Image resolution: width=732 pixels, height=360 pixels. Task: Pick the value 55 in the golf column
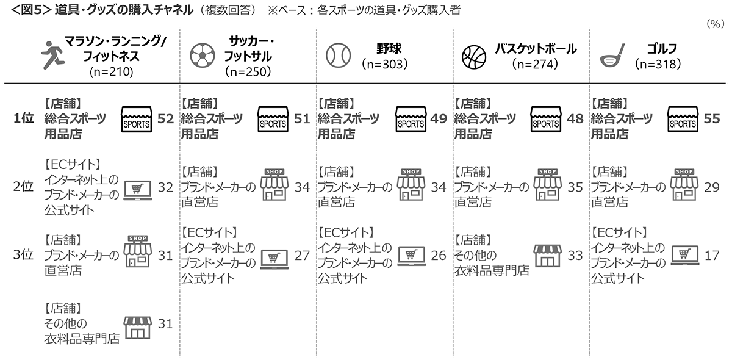click(x=712, y=120)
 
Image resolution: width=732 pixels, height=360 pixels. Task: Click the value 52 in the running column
click(x=165, y=120)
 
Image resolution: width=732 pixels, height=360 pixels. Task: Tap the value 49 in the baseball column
click(x=439, y=120)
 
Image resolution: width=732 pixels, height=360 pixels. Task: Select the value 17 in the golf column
click(x=712, y=256)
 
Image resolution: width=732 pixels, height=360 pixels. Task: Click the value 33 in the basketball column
click(x=575, y=256)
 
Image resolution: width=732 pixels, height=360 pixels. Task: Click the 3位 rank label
click(x=23, y=256)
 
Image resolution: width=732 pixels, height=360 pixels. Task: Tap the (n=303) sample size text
click(x=384, y=63)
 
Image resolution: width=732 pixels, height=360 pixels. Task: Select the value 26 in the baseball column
click(x=439, y=256)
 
